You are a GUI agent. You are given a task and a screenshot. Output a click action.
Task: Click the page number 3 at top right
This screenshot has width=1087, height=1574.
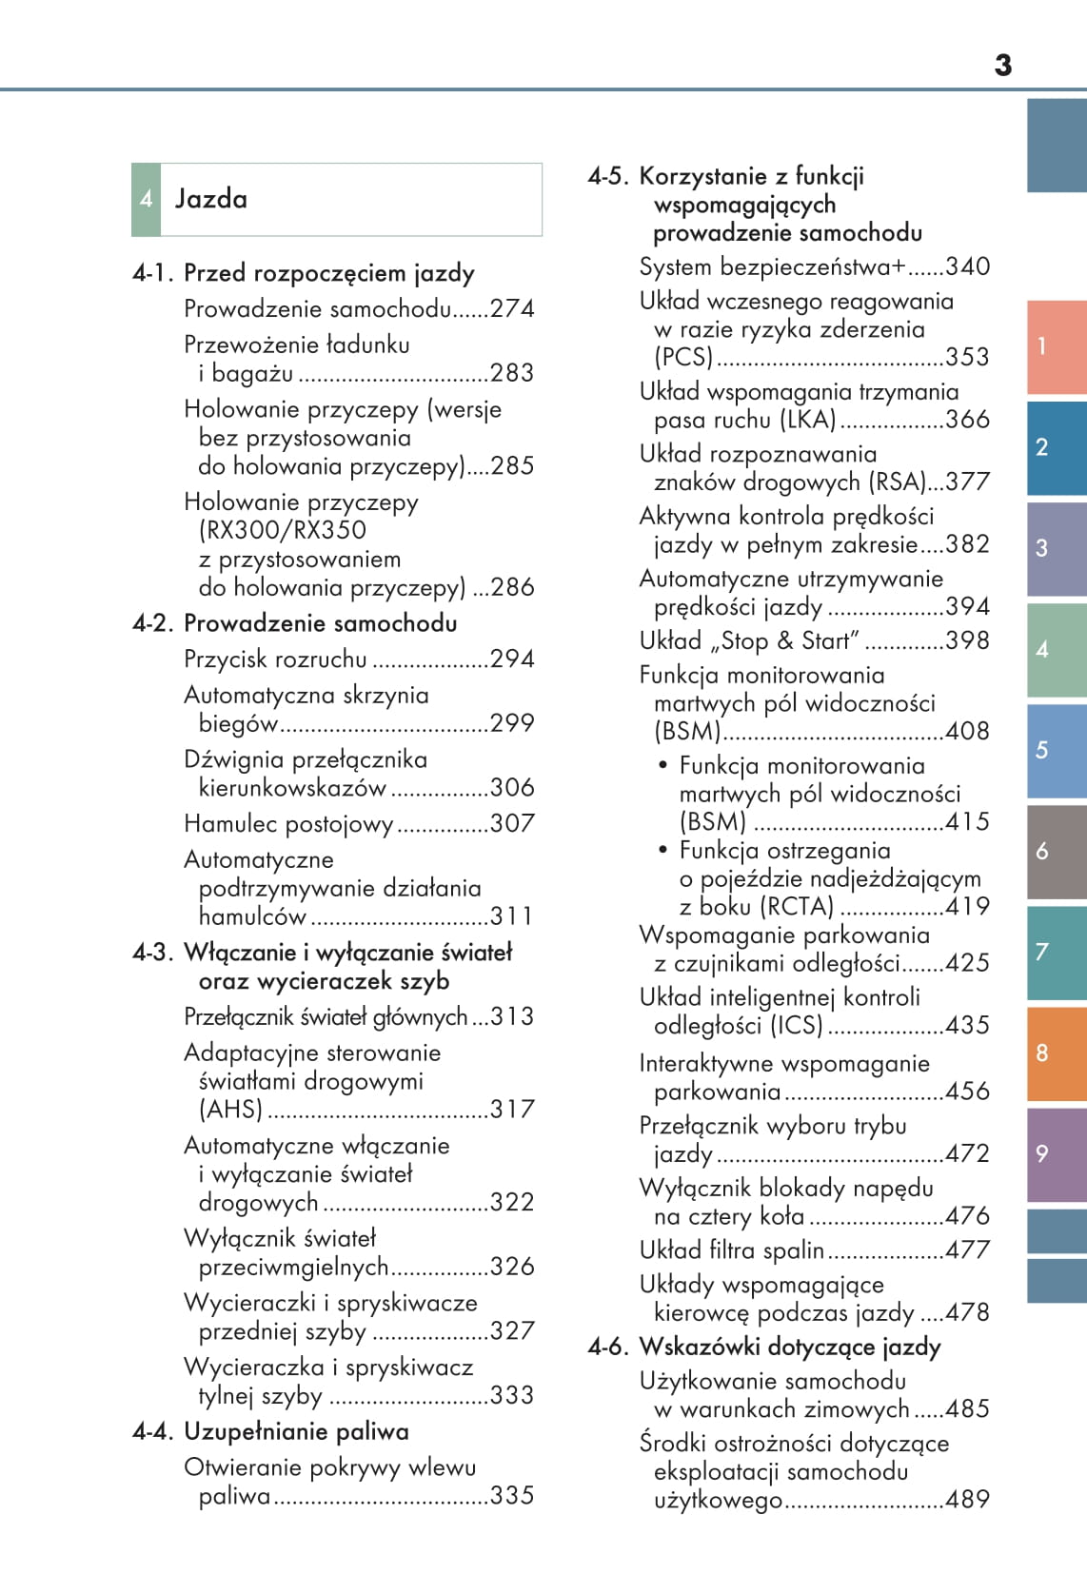point(1002,66)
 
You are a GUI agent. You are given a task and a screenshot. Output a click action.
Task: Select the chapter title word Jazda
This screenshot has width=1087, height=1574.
point(210,199)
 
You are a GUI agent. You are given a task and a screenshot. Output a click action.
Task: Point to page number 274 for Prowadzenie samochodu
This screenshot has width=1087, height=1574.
point(512,308)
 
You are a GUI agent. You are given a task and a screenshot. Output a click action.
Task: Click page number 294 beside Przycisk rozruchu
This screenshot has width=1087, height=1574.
point(512,659)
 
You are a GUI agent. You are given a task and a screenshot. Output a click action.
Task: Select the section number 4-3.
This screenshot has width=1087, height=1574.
point(153,953)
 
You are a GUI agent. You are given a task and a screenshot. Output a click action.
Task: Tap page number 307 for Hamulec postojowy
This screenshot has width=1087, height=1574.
point(512,823)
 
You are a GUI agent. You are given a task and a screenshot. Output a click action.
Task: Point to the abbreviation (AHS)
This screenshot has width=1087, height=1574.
point(230,1110)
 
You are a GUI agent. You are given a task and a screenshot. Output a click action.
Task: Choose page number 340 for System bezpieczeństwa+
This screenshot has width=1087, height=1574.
point(967,266)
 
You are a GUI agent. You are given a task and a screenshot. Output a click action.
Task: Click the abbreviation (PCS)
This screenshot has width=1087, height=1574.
point(683,357)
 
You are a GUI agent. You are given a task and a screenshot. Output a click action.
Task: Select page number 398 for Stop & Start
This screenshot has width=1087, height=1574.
point(967,640)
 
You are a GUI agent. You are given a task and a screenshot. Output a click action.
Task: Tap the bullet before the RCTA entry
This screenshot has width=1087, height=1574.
point(663,850)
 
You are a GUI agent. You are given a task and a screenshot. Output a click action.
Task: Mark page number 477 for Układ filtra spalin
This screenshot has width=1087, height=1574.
point(967,1249)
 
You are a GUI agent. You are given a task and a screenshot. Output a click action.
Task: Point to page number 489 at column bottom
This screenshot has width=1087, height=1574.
point(967,1500)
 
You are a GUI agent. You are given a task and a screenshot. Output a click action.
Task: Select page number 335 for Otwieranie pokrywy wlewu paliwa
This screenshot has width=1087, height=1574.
point(512,1495)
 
